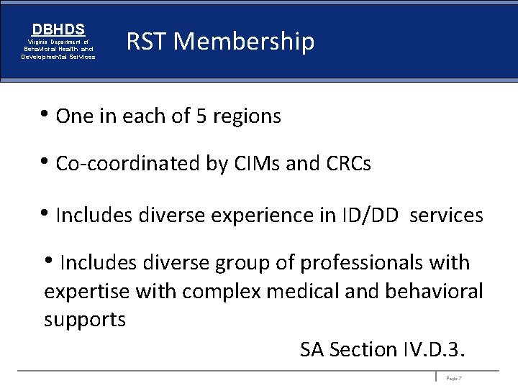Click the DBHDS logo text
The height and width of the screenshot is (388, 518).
pyautogui.click(x=58, y=30)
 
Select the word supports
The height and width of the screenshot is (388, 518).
pyautogui.click(x=85, y=320)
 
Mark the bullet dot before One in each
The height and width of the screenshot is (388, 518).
pyautogui.click(x=47, y=114)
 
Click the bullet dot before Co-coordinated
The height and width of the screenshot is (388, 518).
pyautogui.click(x=47, y=162)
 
